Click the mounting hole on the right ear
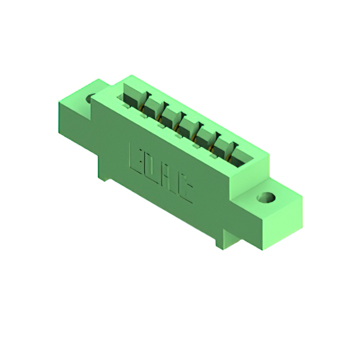click(x=266, y=199)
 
